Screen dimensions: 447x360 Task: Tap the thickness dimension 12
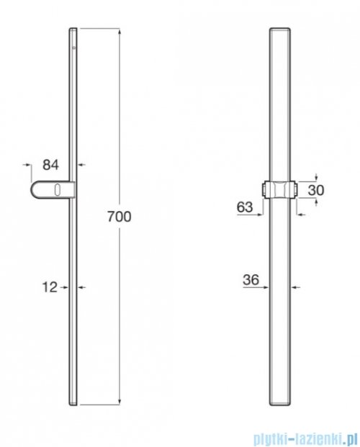[x=50, y=287]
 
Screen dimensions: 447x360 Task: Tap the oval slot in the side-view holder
[x=56, y=190]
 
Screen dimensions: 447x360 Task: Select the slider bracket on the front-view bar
[x=282, y=190]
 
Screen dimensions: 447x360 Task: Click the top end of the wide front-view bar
[x=282, y=30]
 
